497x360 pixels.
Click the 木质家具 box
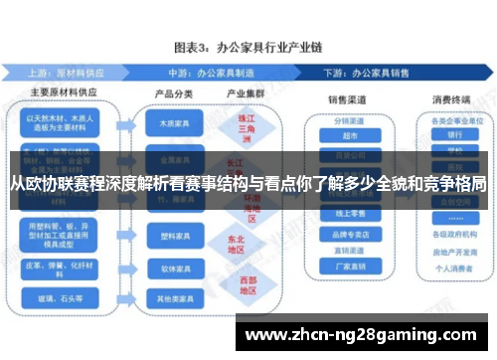click(x=167, y=126)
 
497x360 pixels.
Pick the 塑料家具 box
click(x=167, y=238)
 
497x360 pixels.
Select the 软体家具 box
click(x=167, y=269)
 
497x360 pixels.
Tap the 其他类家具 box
click(x=167, y=298)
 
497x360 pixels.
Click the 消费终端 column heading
click(x=453, y=99)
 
